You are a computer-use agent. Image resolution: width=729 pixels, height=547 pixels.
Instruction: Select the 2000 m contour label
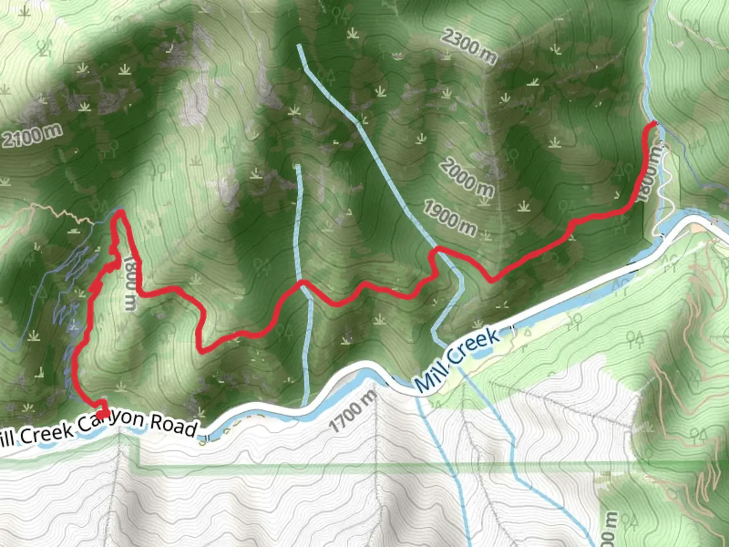point(466,177)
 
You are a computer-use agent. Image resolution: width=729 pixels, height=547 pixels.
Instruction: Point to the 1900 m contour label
point(450,218)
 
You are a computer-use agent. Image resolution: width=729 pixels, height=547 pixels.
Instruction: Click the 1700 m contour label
point(354,409)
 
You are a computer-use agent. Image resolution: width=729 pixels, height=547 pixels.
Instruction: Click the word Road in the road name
point(173,425)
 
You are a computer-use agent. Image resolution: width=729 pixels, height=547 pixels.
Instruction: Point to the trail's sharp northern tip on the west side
point(121,213)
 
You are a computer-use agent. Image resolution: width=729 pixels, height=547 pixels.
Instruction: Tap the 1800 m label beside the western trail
point(129,284)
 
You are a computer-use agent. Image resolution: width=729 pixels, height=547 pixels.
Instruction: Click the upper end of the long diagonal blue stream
point(300,46)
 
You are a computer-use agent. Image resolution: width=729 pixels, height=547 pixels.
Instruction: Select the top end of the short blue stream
point(298,166)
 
